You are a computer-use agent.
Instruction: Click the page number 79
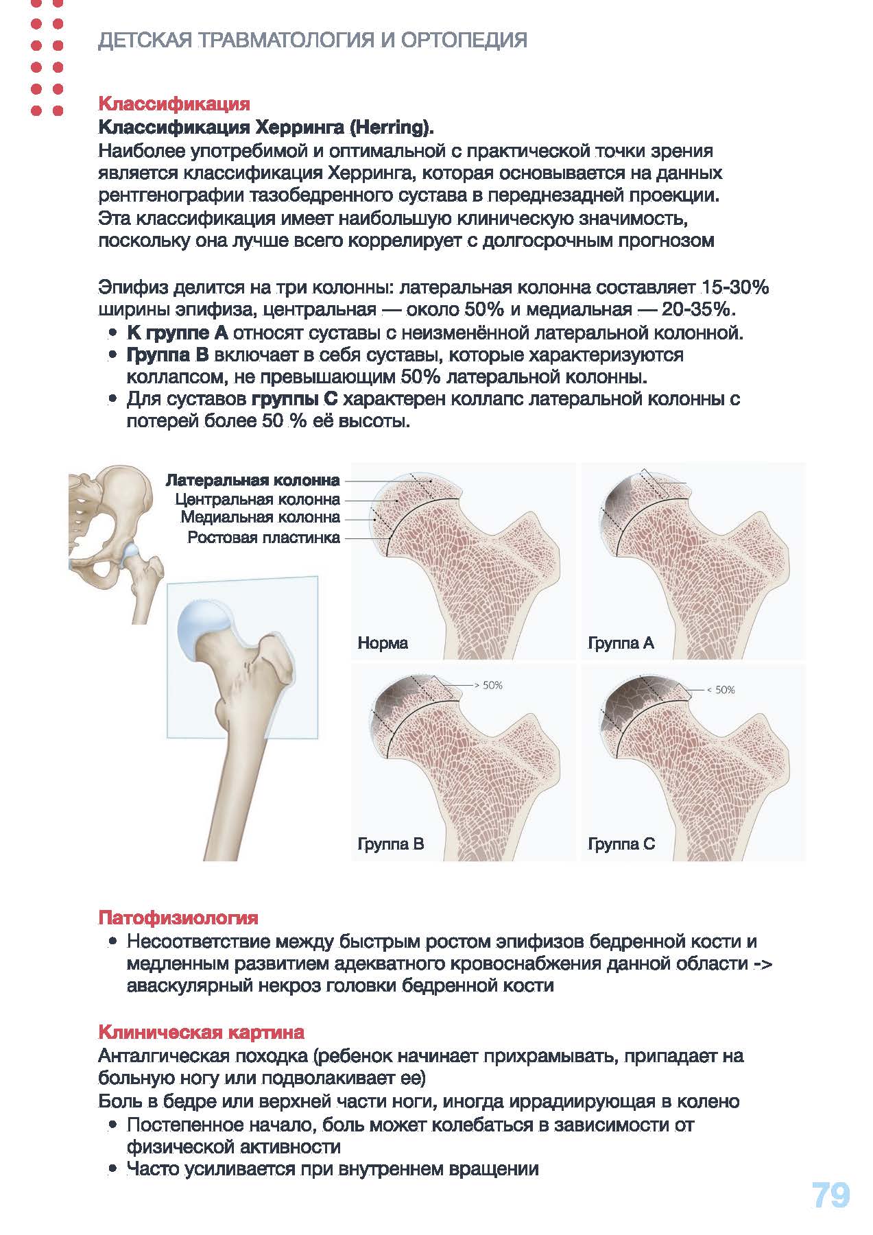tap(830, 1195)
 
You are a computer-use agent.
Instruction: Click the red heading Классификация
tap(174, 104)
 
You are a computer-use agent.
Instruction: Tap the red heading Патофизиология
tap(178, 918)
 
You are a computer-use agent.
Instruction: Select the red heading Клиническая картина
tap(201, 1032)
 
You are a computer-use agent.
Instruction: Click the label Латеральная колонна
tap(252, 480)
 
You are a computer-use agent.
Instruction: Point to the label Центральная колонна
tap(257, 499)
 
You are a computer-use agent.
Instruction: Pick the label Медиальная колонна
tap(260, 518)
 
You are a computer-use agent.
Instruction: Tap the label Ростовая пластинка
tap(263, 538)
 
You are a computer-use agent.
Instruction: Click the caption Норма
tap(383, 643)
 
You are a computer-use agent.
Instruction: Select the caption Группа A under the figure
tap(621, 643)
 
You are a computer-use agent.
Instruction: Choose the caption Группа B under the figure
tap(391, 844)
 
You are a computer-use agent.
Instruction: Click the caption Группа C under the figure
tap(621, 844)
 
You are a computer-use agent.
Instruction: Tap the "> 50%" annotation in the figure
tap(488, 685)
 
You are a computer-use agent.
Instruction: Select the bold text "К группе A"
tap(177, 334)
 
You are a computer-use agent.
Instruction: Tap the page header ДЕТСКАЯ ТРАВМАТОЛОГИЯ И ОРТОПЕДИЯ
tap(313, 40)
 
